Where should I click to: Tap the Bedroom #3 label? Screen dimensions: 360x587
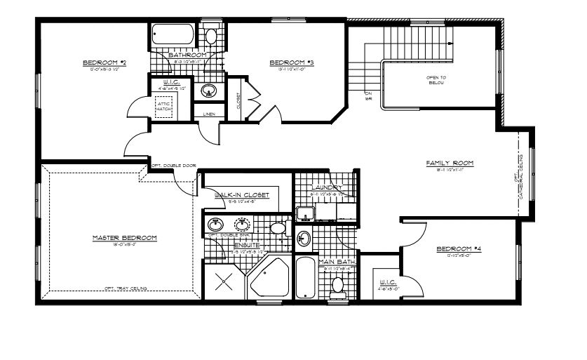[x=291, y=62]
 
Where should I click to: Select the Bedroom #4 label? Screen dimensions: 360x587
[x=458, y=249]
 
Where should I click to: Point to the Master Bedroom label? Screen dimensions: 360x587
[x=124, y=238]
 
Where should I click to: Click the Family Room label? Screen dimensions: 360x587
[x=450, y=163]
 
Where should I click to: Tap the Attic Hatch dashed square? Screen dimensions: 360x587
[x=165, y=105]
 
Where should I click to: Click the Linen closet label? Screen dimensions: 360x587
[x=209, y=113]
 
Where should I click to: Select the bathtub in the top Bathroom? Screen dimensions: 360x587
[x=171, y=34]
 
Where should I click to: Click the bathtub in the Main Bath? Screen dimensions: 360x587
[x=305, y=279]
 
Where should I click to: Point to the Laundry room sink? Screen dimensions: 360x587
[x=304, y=213]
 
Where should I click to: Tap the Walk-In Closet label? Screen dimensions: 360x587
[x=242, y=195]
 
